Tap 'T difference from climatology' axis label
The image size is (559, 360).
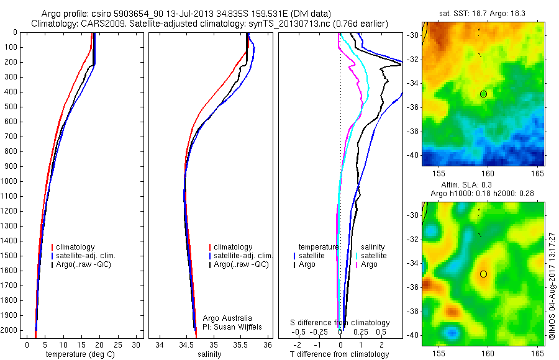click(x=339, y=354)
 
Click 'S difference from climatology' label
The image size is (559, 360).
click(x=340, y=323)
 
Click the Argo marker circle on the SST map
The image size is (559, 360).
click(x=483, y=94)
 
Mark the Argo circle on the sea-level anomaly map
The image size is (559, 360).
click(x=483, y=274)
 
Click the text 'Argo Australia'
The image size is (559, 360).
click(x=227, y=318)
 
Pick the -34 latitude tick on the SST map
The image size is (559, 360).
click(x=414, y=83)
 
